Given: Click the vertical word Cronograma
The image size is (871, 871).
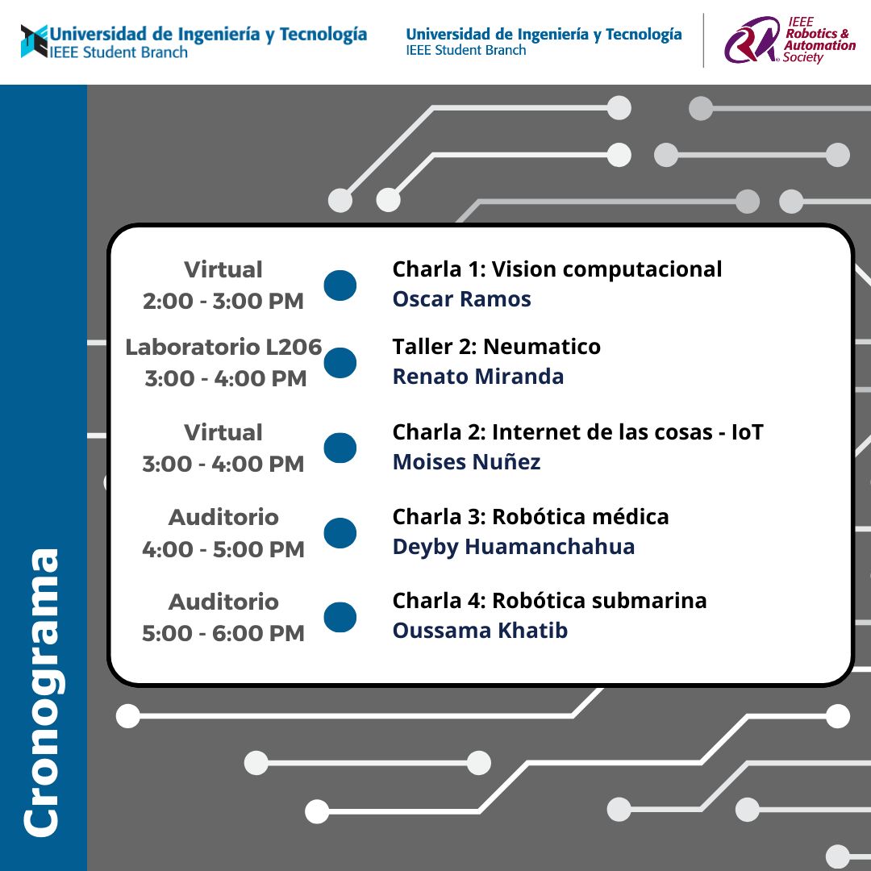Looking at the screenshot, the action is (41, 693).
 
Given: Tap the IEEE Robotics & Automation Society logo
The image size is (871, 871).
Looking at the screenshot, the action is (790, 40).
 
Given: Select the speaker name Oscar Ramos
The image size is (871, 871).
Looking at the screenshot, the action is (461, 299).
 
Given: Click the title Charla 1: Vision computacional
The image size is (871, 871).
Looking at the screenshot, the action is (557, 269).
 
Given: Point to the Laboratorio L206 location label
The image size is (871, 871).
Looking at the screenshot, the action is (223, 347).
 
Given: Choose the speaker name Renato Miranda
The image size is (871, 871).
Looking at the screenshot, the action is (477, 376).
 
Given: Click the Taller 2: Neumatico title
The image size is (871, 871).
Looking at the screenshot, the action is (496, 347).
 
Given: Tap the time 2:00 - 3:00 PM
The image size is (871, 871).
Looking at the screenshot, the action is (223, 301).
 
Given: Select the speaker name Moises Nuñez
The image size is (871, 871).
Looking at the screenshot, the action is (467, 461).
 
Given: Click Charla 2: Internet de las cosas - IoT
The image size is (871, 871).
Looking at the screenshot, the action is (577, 432).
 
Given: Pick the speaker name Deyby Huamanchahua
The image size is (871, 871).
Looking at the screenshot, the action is (513, 547).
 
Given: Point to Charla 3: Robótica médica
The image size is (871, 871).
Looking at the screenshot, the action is (531, 517).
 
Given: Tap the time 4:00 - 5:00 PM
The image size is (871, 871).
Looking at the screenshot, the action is (223, 549).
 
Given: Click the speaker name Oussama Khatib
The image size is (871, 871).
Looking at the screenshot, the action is (480, 631).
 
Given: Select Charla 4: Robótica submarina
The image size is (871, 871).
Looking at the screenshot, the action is (549, 601).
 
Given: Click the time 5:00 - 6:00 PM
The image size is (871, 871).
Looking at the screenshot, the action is (223, 633).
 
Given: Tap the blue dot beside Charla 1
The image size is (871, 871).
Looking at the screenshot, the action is (340, 285).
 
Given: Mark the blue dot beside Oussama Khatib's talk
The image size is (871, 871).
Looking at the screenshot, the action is (340, 617).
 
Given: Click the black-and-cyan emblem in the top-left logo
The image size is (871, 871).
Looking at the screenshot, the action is (35, 41).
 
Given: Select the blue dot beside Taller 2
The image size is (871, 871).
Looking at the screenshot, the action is (340, 363).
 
